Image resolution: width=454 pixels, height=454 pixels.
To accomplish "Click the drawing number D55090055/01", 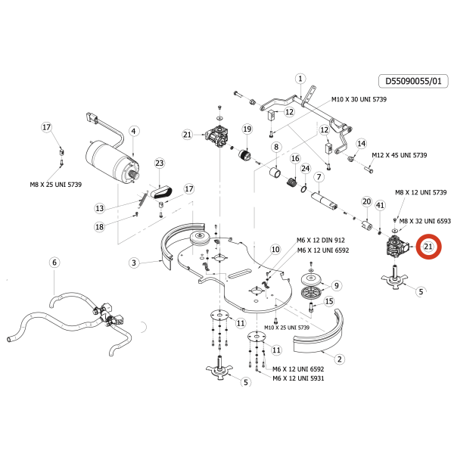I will point(413,79).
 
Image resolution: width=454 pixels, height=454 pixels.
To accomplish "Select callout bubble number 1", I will point(300,79).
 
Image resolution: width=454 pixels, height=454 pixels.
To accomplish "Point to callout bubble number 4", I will point(133,131).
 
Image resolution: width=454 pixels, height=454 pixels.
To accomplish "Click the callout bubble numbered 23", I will point(159,163).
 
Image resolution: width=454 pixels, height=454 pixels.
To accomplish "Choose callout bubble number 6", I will point(54,263).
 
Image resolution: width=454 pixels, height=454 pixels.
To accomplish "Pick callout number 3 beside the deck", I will point(133,263).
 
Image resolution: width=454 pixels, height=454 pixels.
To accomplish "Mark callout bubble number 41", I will point(380,205).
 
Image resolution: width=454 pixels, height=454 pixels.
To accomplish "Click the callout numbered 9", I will point(337,285).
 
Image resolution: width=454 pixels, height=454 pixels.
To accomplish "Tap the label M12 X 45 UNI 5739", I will point(399,155).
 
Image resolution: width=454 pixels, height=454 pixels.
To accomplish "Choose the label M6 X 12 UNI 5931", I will point(298,378).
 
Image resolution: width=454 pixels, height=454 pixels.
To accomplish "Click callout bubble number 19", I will point(247,129).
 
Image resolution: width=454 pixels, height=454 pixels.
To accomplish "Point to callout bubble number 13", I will point(99,208).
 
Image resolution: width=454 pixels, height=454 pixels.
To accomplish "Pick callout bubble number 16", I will point(295,158).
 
